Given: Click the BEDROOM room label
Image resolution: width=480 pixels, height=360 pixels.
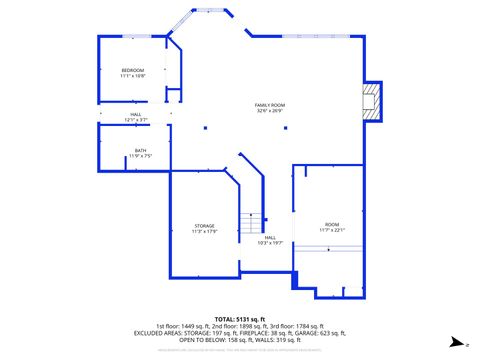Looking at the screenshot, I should click(133, 70).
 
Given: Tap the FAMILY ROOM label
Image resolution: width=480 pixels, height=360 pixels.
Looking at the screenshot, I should click(270, 105).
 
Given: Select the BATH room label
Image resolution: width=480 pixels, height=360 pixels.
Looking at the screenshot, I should click(140, 151).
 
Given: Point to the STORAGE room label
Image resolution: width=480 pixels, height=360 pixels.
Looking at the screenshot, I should click(204, 226).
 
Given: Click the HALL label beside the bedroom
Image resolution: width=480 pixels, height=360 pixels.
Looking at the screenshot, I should click(136, 114).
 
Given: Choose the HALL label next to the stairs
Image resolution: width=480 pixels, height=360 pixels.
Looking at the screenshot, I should click(270, 237).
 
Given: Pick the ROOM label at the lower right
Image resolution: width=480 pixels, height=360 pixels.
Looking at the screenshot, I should click(331, 224).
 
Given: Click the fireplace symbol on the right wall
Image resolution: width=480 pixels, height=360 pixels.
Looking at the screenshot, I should click(372, 101).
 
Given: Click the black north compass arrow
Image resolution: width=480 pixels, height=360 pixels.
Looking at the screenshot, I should click(456, 341).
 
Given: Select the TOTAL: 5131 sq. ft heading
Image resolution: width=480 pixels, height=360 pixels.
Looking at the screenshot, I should click(238, 318).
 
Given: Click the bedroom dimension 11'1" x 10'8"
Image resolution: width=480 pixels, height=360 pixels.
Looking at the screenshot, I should click(133, 76).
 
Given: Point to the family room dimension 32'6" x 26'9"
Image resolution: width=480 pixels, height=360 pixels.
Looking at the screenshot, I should click(270, 111).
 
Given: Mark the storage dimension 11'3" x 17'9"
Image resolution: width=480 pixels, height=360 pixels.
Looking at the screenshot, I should click(204, 232).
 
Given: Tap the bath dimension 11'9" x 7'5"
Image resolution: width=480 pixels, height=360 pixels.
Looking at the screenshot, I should click(140, 156).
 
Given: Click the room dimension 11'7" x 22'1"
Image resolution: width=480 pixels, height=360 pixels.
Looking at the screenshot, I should click(332, 230).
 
